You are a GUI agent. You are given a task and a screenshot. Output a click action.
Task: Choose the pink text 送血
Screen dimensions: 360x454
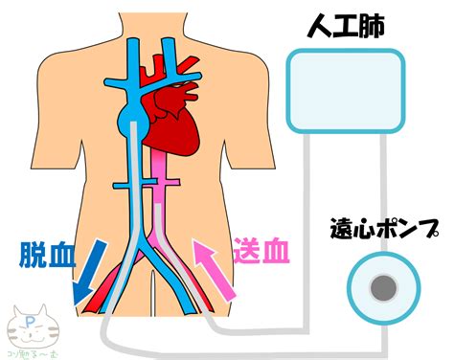tap(261, 253)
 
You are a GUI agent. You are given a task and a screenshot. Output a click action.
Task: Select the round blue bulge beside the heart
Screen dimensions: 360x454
tap(127, 122)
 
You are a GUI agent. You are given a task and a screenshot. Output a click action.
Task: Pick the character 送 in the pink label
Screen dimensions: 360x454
tap(247, 253)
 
